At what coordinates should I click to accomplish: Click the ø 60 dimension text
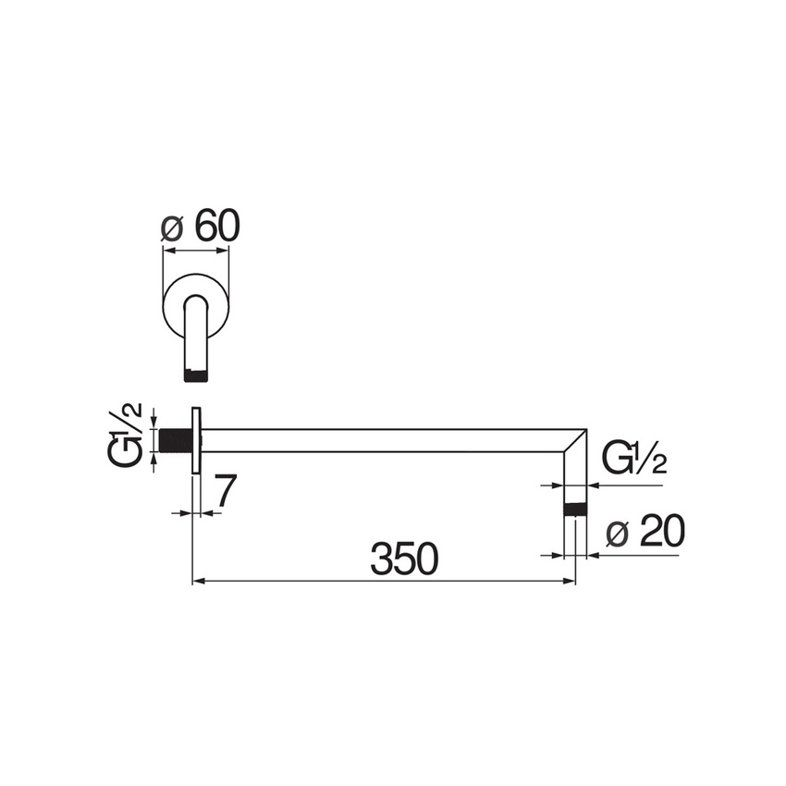(x=201, y=227)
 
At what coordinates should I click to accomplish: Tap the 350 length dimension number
(x=403, y=559)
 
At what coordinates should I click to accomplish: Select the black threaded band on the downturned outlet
(x=576, y=508)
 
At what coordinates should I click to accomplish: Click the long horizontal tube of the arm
(x=388, y=440)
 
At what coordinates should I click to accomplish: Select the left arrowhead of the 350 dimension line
(x=197, y=582)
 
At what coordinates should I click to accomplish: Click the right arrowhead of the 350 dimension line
(x=570, y=582)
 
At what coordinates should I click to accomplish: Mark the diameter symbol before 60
(x=170, y=227)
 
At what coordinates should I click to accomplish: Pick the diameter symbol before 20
(x=617, y=534)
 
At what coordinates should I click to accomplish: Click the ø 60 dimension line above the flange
(x=195, y=248)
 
